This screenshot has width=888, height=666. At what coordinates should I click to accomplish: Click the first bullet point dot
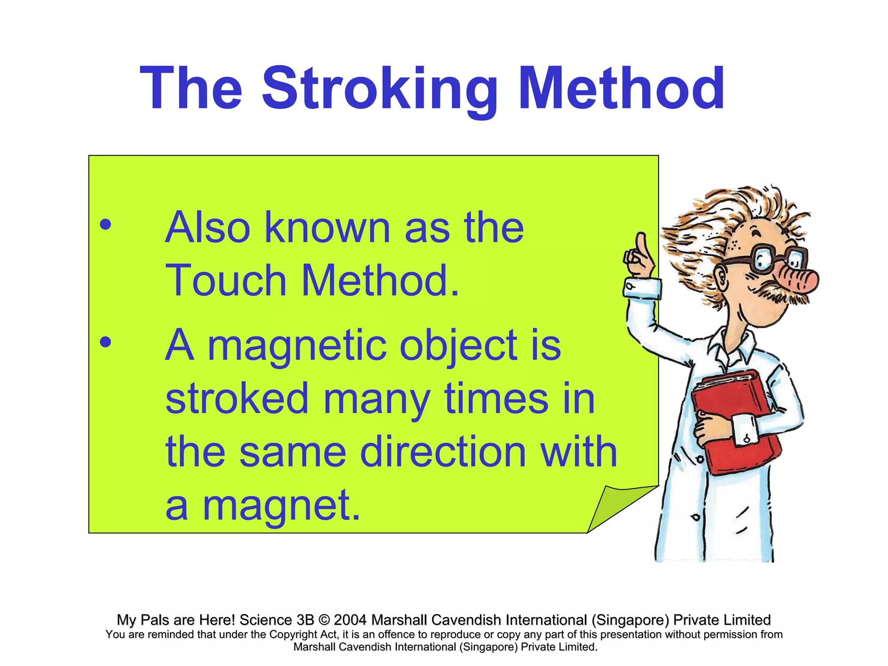pyautogui.click(x=105, y=225)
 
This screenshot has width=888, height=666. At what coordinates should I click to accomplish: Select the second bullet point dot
pyautogui.click(x=105, y=343)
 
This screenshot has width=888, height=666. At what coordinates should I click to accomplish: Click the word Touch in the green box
pyautogui.click(x=226, y=281)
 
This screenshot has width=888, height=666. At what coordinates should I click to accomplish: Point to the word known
pyautogui.click(x=327, y=228)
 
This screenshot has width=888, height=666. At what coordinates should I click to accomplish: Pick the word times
pyautogui.click(x=496, y=398)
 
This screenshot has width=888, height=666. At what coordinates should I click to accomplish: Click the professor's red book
pyautogui.click(x=733, y=421)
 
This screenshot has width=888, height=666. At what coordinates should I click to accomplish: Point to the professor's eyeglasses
pyautogui.click(x=776, y=259)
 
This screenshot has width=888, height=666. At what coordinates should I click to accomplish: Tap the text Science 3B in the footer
pyautogui.click(x=276, y=620)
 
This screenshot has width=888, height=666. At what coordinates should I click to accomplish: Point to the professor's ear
pyautogui.click(x=721, y=277)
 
